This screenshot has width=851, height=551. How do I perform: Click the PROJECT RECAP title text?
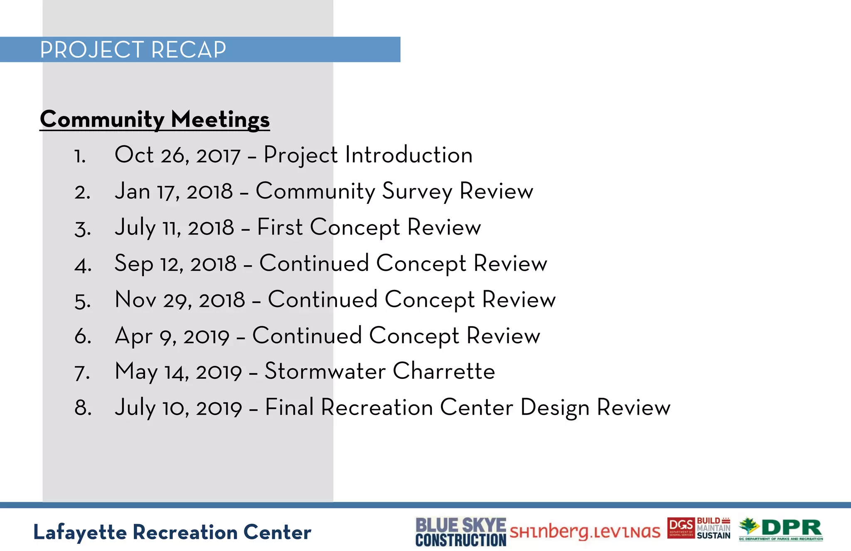[133, 50]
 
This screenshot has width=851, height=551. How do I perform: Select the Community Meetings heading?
[155, 119]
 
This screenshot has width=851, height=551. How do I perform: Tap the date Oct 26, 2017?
[177, 156]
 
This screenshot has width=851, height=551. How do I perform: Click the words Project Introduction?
[368, 156]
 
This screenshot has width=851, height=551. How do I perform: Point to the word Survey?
[417, 192]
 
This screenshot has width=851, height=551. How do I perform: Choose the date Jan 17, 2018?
[174, 192]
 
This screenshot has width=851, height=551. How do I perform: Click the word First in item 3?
[280, 228]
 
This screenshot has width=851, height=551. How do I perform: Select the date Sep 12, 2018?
[175, 264]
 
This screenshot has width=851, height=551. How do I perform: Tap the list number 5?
[82, 301]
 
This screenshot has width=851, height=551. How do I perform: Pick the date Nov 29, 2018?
[180, 300]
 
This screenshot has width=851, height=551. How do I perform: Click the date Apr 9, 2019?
[172, 336]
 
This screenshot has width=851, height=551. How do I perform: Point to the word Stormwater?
[325, 371]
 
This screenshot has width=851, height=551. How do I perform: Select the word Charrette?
[444, 371]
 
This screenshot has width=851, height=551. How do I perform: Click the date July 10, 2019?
[178, 408]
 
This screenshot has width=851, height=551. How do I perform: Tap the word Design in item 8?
[554, 408]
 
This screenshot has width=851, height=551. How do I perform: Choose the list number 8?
[82, 408]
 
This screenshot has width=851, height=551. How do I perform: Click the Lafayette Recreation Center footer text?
[172, 532]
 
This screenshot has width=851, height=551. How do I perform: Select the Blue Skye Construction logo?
[460, 532]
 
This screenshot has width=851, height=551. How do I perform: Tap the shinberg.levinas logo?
[585, 532]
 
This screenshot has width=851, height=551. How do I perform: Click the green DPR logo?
[781, 529]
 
